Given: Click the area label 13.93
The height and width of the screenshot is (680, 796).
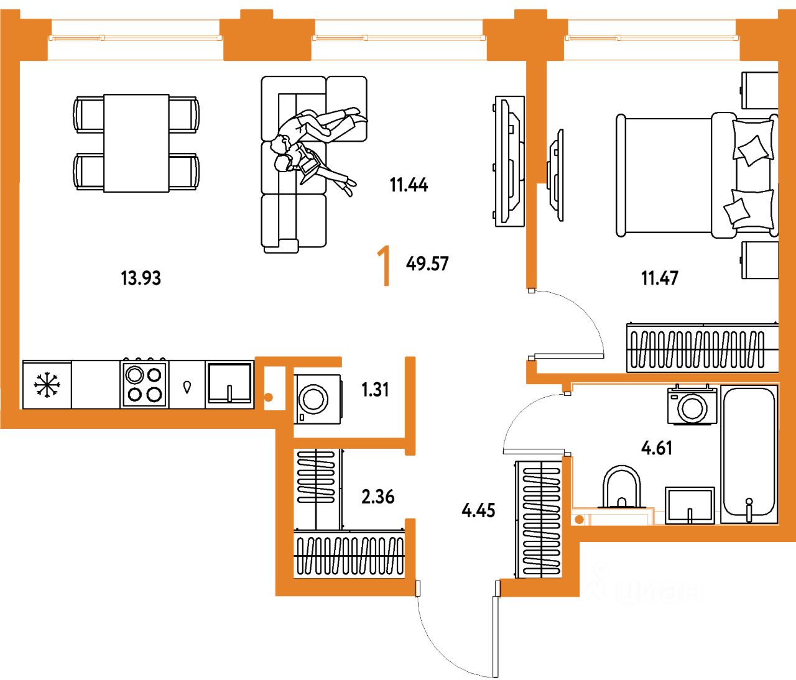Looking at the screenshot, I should point(141,278).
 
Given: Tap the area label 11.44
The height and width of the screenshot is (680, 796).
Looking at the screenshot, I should point(409,185).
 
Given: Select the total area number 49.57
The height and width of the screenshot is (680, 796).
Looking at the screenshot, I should point(427,264).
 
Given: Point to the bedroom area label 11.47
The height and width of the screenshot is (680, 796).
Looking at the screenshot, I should point(659,278).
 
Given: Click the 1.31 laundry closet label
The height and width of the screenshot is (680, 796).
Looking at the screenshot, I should point(375,390).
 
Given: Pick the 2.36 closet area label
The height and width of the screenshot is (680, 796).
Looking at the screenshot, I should point(377,497).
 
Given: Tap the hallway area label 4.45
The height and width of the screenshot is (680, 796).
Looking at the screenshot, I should point(478,510).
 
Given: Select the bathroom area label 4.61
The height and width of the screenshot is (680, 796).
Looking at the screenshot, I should point(656,448).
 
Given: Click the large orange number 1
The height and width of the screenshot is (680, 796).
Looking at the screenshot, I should point(385,266).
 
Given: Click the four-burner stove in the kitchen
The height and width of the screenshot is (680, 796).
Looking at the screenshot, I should point(144,385).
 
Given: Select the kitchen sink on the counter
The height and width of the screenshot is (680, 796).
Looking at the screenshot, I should point(229,384).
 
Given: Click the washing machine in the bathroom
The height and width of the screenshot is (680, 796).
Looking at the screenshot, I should point(692,406).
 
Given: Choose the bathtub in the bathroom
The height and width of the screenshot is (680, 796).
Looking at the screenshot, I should point(749,454).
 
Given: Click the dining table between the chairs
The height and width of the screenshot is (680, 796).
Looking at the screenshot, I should point(136,143).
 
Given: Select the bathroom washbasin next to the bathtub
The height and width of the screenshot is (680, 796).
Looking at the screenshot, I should point(690,505).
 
